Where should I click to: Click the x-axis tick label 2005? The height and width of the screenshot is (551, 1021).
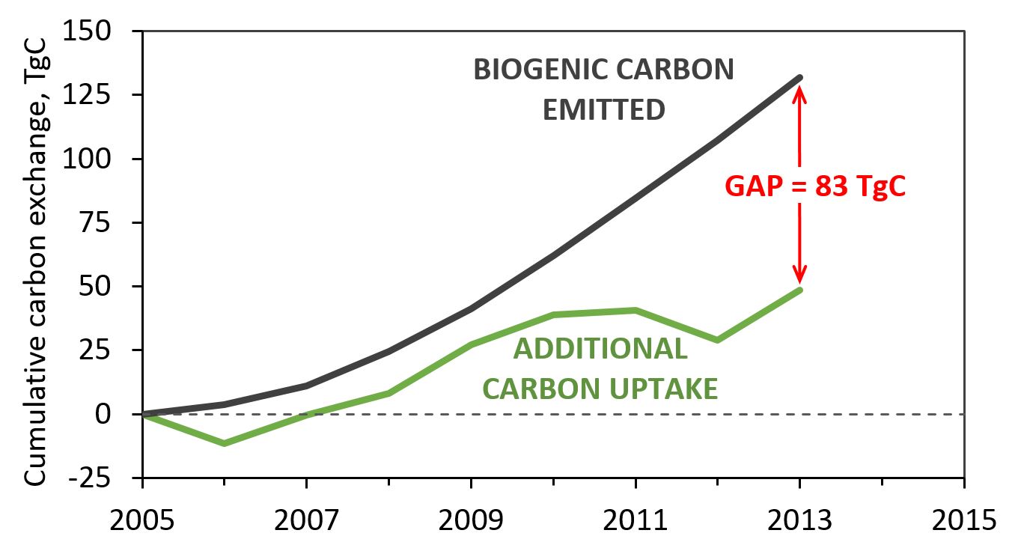(141, 518)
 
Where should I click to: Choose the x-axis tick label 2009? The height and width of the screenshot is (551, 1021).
(471, 518)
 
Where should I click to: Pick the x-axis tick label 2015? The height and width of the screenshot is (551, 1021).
(963, 518)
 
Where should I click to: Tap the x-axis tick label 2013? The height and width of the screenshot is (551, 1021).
(799, 518)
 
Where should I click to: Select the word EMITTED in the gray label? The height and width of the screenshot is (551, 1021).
(603, 110)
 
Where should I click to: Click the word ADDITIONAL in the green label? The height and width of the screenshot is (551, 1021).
(600, 349)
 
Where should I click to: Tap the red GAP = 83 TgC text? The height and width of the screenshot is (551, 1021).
(815, 186)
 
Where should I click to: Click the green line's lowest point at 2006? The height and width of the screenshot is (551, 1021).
(225, 443)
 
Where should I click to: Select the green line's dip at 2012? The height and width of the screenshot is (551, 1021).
(717, 340)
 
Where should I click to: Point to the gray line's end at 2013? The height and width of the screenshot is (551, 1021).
(799, 77)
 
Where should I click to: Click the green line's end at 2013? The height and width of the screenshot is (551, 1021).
(799, 290)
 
